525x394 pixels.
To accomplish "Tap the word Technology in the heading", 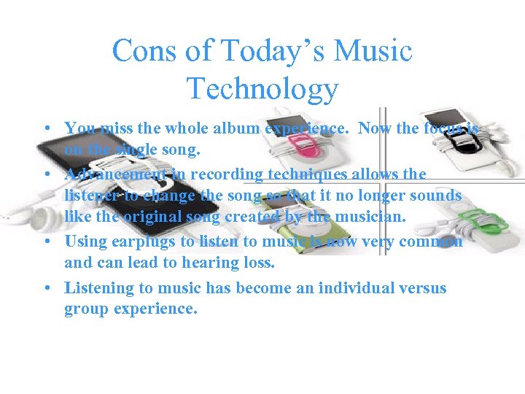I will click(262, 88).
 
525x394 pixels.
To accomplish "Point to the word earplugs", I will click(147, 242).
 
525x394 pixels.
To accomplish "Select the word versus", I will click(422, 287).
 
